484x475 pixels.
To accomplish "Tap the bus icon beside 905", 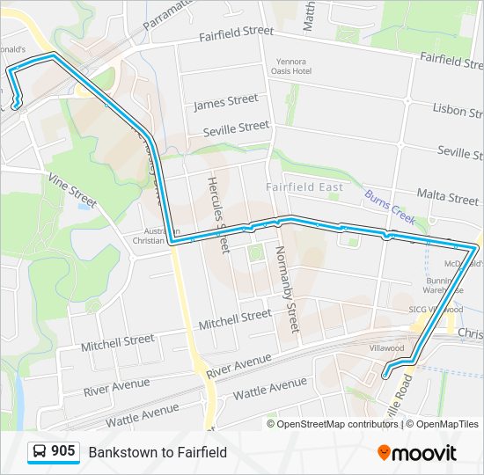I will point(40,452).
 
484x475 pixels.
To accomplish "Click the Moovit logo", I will point(417,453).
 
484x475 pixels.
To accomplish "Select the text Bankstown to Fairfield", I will point(158,452).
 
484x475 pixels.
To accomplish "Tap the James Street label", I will point(225,103).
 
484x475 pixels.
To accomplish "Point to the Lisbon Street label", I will point(456,109).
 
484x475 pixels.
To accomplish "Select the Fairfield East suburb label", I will point(304,187).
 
